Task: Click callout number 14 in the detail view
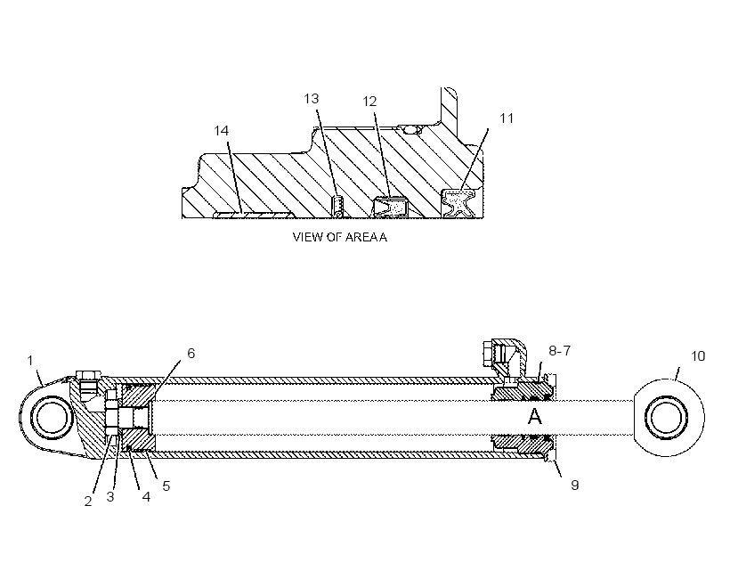(x=221, y=131)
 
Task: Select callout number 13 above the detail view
(x=312, y=99)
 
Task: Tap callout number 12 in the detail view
(x=369, y=102)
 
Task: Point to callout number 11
(x=507, y=118)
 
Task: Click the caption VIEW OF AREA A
(x=340, y=237)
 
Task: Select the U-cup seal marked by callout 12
(x=390, y=207)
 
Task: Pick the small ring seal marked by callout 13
(x=338, y=207)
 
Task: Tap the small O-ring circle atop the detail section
(x=411, y=129)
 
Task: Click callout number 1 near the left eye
(x=30, y=361)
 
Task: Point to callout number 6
(x=191, y=354)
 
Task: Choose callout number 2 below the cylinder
(x=88, y=502)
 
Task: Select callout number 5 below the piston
(x=166, y=486)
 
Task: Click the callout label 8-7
(x=560, y=351)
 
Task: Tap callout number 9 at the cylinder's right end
(x=575, y=485)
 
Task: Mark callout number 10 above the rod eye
(x=698, y=356)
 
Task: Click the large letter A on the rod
(x=535, y=417)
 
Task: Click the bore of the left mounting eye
(x=52, y=417)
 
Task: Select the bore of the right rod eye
(x=666, y=417)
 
